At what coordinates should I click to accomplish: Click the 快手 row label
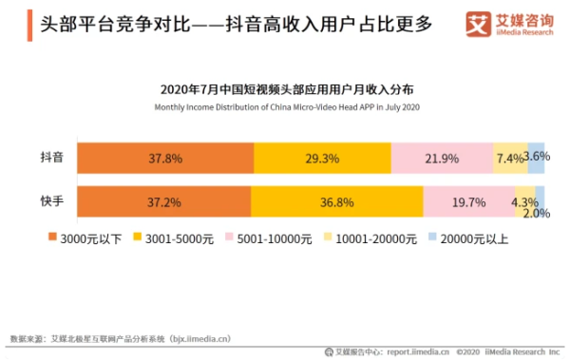tap(52, 201)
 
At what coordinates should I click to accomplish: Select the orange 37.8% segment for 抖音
tap(165, 159)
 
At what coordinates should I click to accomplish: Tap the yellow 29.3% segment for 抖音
tap(322, 159)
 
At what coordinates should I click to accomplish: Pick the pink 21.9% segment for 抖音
tap(442, 159)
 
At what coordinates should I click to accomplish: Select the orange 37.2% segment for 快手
tap(163, 201)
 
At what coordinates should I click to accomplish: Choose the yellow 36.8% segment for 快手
tap(336, 201)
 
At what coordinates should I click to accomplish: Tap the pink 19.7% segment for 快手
tap(469, 201)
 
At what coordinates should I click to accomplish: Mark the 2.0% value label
tap(537, 214)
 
